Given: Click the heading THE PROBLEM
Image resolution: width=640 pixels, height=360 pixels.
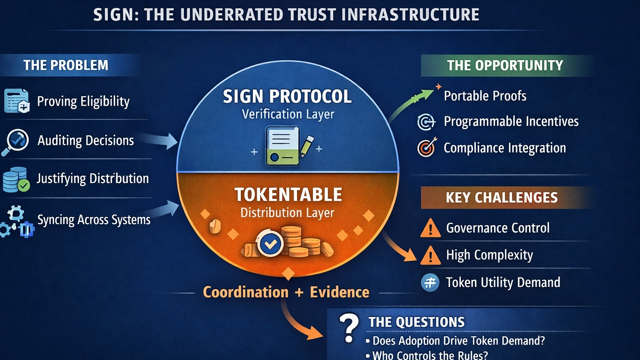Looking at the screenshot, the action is [66, 65].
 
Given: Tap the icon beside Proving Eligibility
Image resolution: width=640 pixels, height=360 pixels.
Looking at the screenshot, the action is [17, 101].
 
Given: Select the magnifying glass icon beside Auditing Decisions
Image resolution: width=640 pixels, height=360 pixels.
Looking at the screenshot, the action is [16, 141].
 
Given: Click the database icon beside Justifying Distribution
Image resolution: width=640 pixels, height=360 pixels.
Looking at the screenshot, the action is [16, 180].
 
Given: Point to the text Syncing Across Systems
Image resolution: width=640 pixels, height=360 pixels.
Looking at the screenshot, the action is [94, 220].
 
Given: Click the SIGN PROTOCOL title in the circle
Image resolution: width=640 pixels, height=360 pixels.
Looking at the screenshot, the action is [287, 97].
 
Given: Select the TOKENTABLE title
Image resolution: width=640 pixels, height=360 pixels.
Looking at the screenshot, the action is [288, 195].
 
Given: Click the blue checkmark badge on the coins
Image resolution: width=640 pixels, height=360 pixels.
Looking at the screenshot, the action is [270, 243].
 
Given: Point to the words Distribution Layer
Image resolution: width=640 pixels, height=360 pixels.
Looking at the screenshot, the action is [287, 213].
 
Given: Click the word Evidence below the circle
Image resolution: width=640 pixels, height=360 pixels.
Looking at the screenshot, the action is [340, 292].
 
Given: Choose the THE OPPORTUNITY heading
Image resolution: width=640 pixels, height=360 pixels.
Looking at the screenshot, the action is [505, 65].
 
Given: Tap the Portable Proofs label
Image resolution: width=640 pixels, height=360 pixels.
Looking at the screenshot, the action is [485, 96].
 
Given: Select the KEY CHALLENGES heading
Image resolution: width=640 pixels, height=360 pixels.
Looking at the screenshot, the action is [502, 197].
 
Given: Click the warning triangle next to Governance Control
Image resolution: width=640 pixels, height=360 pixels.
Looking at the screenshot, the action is [430, 228].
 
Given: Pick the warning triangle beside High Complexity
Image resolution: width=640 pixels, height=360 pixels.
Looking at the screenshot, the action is [430, 255].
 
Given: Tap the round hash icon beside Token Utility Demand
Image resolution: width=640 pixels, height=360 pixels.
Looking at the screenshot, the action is [430, 282].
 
